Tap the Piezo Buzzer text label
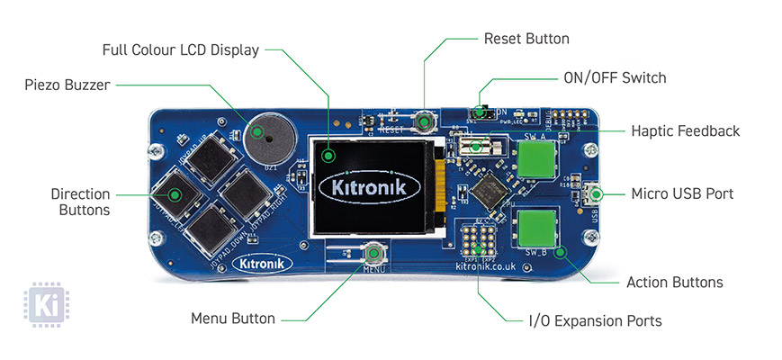click(x=67, y=85)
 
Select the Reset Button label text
click(x=526, y=39)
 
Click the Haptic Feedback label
click(x=685, y=131)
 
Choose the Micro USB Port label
click(x=682, y=193)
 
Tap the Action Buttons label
click(x=674, y=283)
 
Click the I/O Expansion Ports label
click(x=595, y=320)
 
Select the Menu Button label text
click(x=233, y=319)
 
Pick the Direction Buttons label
click(x=81, y=202)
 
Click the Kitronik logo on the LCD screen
click(x=370, y=188)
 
